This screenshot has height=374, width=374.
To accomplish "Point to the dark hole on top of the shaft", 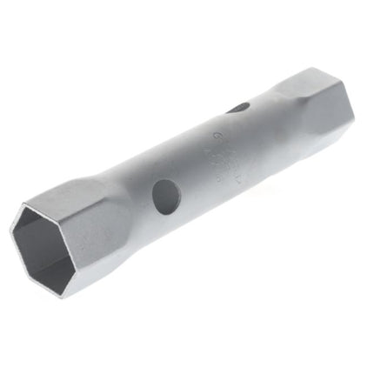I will (238, 109).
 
